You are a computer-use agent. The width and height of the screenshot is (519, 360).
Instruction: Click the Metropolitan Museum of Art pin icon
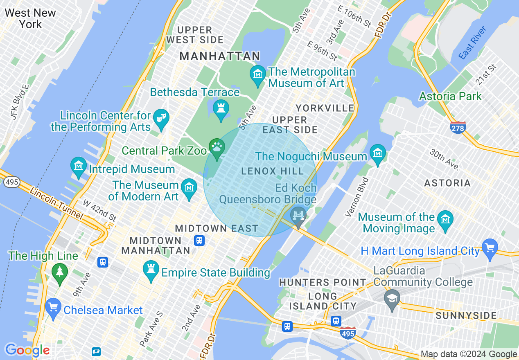258,75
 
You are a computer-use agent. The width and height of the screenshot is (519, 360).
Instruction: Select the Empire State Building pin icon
151,270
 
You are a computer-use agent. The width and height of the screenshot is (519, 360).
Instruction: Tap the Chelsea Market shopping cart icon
53,307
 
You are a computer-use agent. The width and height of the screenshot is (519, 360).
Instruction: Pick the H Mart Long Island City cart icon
490,248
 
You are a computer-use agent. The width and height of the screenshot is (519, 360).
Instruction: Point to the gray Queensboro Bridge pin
298,216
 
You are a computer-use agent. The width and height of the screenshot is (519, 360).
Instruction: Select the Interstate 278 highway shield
458,128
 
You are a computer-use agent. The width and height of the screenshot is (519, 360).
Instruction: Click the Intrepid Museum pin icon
78,166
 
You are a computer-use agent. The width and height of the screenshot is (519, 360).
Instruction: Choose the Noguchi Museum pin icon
377,154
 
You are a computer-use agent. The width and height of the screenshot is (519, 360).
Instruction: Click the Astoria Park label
450,97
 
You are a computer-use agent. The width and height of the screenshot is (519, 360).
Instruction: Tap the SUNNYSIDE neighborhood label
466,315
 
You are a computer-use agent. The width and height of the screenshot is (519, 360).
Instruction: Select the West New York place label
30,18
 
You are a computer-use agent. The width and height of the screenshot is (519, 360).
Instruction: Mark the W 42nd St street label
99,209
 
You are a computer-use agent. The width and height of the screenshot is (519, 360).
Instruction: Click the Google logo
27,350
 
